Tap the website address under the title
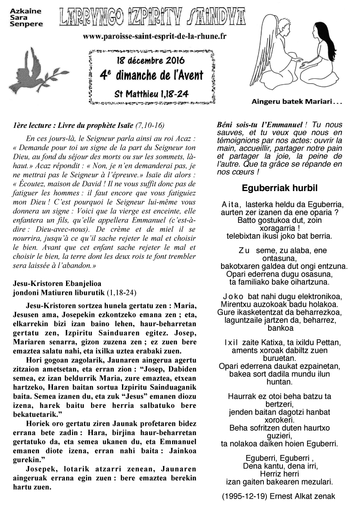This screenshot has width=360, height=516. click(155, 36)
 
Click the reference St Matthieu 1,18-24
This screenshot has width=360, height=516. click(151, 93)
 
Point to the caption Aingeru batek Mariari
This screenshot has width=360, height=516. click(296, 102)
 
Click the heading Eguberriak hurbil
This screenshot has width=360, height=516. click(280, 188)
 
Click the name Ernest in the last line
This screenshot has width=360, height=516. click(283, 496)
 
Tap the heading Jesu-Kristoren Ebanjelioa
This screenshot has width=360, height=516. click(57, 283)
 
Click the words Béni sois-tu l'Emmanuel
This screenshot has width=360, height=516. click(260, 125)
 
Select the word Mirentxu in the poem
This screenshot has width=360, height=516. click(235, 304)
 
